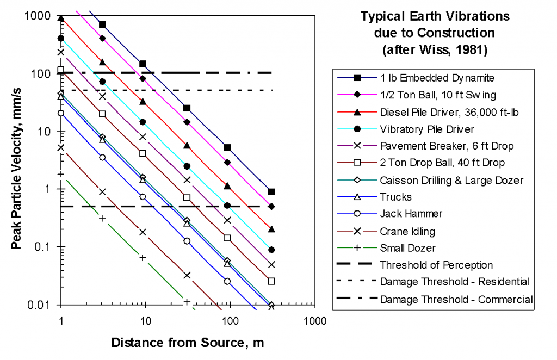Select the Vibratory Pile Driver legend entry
coord(426,129)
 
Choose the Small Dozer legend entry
coord(404,248)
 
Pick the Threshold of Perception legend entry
coord(436,265)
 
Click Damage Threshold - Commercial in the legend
coord(456,299)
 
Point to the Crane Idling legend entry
coord(404,231)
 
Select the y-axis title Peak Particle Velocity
coord(16,160)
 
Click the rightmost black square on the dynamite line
coord(271,192)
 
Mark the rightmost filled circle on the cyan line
coord(271,250)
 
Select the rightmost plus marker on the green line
coord(187,302)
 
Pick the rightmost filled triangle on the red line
coord(271,229)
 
